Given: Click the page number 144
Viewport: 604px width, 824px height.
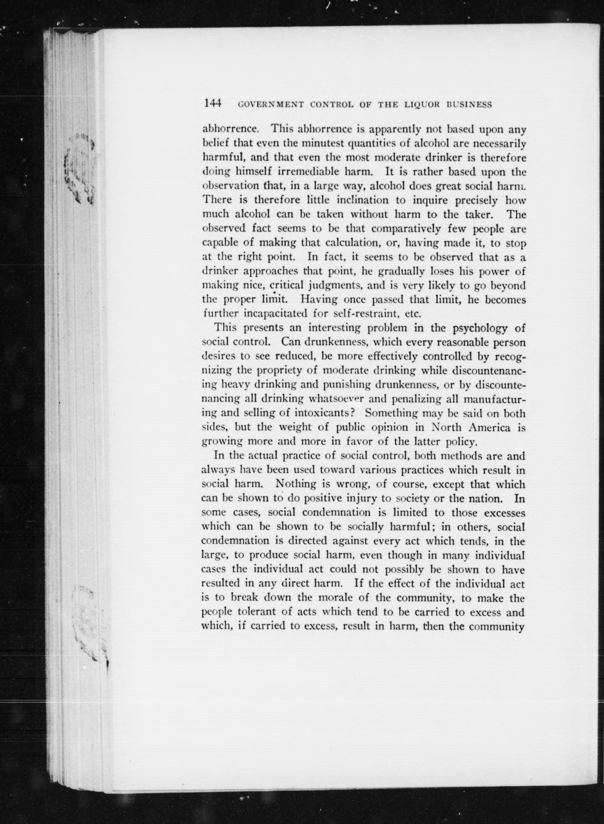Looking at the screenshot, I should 214,104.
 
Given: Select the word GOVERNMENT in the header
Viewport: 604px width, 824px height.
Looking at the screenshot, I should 271,105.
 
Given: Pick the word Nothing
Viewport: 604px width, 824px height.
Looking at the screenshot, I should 295,484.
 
